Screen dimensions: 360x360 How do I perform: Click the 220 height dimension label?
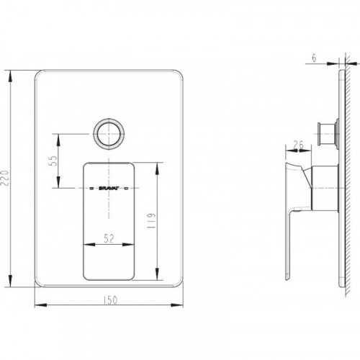point(5,178)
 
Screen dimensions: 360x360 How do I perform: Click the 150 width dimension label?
point(111,300)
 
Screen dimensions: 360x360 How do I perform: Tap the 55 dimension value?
point(53,161)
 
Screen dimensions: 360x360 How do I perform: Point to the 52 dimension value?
point(109,238)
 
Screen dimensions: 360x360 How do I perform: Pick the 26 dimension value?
point(299,145)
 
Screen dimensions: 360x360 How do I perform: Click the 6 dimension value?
point(315,58)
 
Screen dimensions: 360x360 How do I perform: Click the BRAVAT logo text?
point(109,189)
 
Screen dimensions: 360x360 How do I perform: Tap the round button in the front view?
point(109,134)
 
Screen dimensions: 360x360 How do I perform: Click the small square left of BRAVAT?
point(91,189)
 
